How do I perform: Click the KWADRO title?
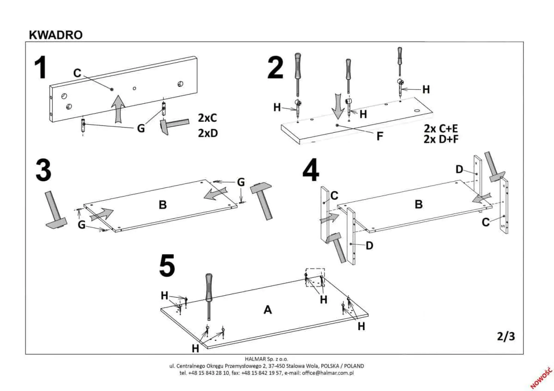(x=55, y=35)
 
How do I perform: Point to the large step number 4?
(x=311, y=171)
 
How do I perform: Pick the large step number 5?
(x=167, y=267)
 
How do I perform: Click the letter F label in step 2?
(x=379, y=136)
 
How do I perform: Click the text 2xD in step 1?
(x=208, y=134)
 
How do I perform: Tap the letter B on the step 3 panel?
(x=163, y=204)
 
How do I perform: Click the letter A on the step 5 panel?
(x=267, y=310)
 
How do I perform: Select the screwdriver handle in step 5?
(x=209, y=286)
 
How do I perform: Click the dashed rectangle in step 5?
(x=315, y=277)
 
